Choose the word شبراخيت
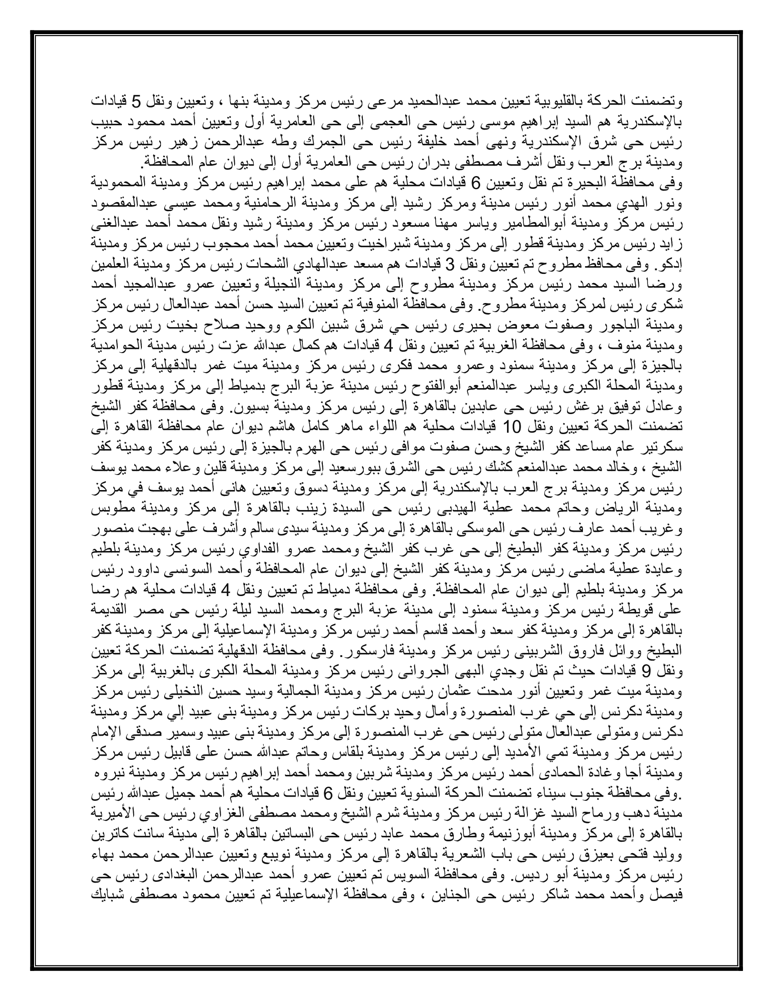click(357, 244)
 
